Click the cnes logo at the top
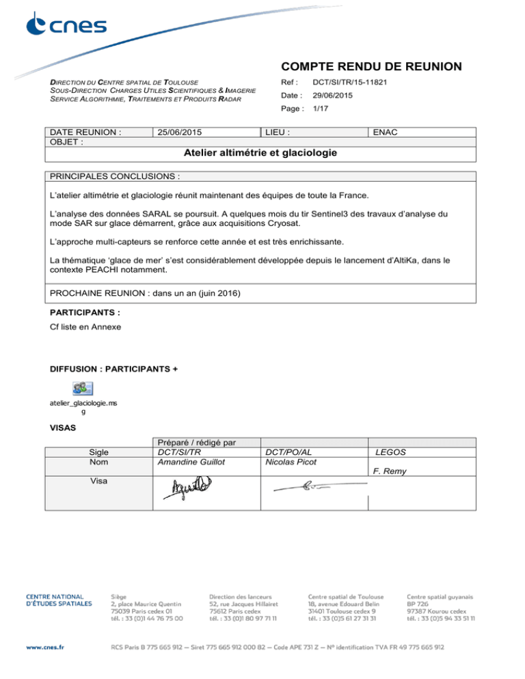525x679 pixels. (66, 26)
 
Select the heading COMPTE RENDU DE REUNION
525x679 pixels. (371, 67)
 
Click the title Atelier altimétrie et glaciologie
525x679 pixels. (262, 153)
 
